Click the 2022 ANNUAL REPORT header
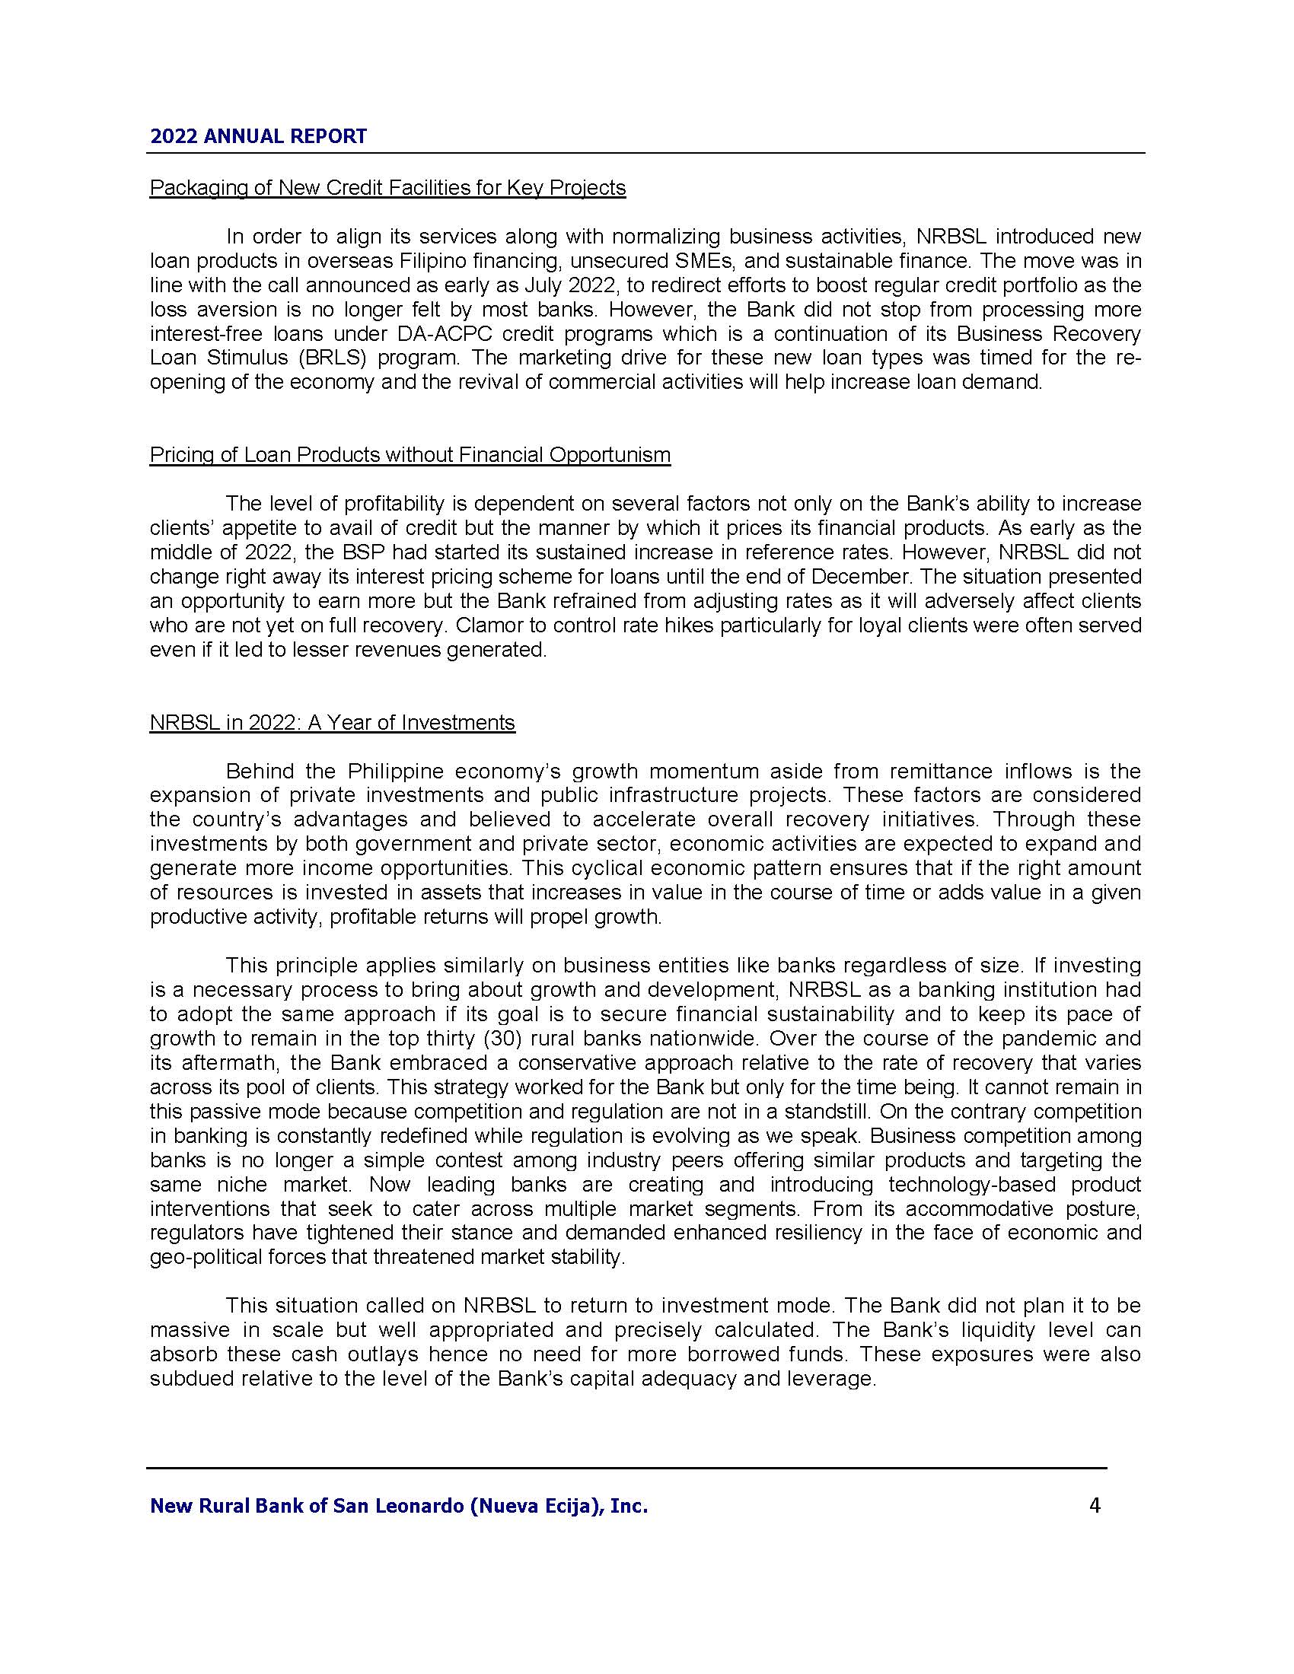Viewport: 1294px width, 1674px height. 258,136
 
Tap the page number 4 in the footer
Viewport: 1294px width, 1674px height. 1095,1505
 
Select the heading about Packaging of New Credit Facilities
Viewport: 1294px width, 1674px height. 387,188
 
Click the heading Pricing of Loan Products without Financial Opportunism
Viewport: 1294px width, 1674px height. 410,455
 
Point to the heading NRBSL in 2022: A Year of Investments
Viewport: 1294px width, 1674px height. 332,723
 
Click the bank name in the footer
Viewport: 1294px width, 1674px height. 399,1506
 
